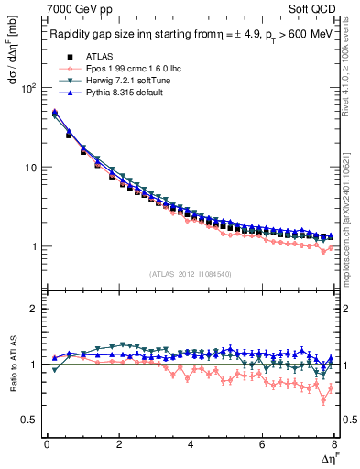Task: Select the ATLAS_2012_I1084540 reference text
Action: (191, 274)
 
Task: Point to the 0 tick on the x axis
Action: (47, 444)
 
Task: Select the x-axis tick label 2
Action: (119, 444)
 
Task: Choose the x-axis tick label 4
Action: (191, 444)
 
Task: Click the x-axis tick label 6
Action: (263, 444)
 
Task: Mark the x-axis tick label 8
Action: (334, 444)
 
